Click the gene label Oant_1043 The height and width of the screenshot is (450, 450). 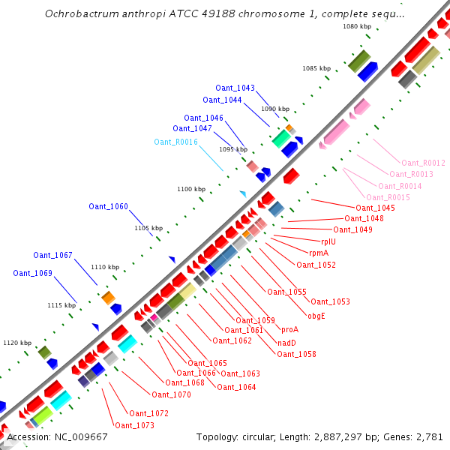point(235,88)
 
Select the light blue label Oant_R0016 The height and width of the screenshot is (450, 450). point(175,142)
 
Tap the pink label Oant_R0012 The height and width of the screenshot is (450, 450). point(423,163)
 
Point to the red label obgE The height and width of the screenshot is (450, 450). point(316,316)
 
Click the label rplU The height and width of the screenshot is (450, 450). point(328,241)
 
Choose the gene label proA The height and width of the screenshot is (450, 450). point(289,329)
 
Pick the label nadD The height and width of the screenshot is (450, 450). point(286,342)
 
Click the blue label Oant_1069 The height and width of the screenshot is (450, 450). point(32,273)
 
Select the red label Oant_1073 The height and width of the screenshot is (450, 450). point(134,425)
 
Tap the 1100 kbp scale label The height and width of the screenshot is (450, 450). point(190,189)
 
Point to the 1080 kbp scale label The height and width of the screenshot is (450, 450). point(356,26)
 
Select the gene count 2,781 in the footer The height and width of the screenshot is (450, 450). point(430,436)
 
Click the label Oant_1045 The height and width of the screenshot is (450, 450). point(375,208)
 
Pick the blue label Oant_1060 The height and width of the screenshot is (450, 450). point(108,206)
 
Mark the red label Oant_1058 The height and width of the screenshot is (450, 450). point(296,354)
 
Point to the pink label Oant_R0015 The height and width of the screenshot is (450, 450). point(388,197)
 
